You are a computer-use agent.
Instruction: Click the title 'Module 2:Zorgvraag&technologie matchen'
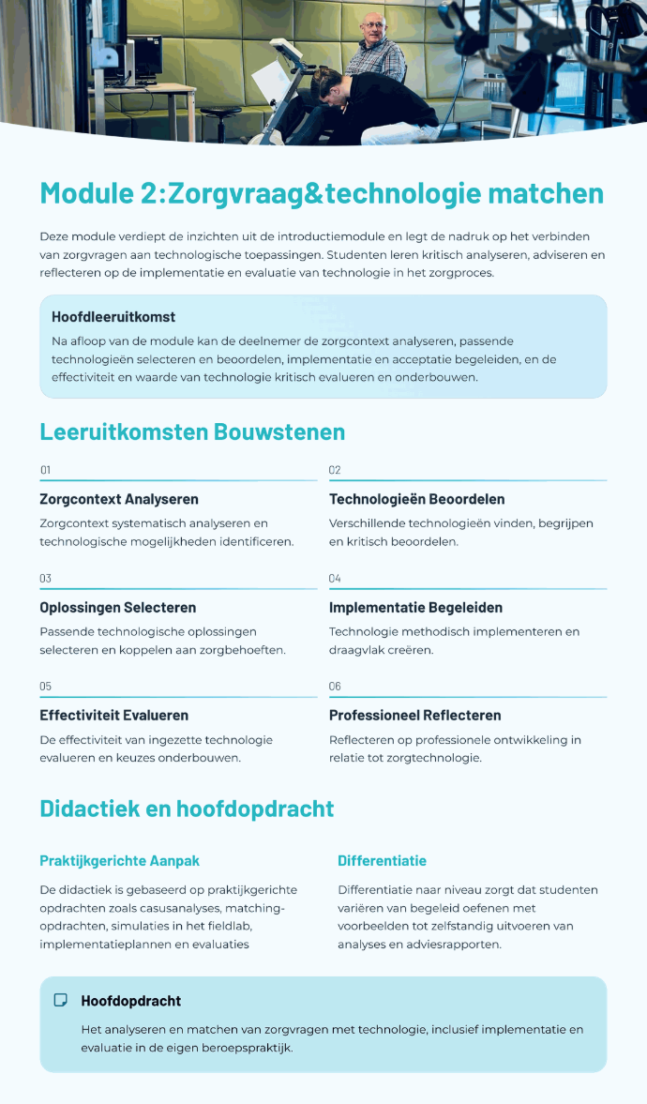point(322,194)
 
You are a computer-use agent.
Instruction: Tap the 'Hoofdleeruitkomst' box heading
point(113,317)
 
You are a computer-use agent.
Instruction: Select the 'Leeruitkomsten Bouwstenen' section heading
point(192,431)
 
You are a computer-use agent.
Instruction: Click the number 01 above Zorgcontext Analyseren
point(45,470)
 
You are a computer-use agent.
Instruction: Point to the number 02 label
point(335,470)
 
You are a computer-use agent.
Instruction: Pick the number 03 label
point(45,578)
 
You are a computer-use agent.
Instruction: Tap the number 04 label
point(335,578)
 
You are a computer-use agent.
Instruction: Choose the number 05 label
point(45,687)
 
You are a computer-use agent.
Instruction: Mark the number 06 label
point(335,687)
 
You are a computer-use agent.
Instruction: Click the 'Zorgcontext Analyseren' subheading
point(119,499)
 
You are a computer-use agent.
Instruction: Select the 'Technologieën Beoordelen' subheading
point(416,499)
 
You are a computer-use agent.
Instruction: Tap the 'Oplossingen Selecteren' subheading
point(117,607)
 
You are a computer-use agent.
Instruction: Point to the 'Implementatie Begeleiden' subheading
point(415,607)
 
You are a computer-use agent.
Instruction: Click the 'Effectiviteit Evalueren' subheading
point(114,716)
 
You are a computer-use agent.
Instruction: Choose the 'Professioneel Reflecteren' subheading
point(415,716)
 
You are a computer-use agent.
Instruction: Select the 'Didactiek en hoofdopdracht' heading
point(187,809)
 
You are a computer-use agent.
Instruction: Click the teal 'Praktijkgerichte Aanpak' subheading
point(119,860)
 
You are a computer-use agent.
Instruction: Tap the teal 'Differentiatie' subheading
point(382,860)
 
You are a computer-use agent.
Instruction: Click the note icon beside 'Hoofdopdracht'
point(61,1001)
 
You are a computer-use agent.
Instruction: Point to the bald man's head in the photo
point(375,24)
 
